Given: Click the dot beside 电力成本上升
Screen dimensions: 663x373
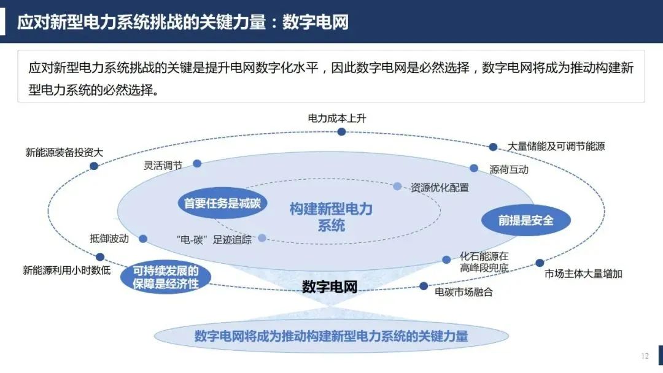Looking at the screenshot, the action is (x=341, y=132).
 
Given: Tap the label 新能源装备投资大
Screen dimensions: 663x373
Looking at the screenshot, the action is (x=64, y=152).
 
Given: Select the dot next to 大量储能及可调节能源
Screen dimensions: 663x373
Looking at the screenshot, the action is (x=493, y=147).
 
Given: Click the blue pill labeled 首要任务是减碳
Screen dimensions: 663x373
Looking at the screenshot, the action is (x=222, y=203).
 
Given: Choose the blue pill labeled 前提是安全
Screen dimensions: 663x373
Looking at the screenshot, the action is (x=526, y=220).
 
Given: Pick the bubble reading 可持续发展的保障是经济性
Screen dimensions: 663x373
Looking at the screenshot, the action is (x=166, y=277).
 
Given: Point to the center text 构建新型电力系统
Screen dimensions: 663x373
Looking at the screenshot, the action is (x=331, y=217).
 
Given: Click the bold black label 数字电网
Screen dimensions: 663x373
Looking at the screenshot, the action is (x=330, y=287).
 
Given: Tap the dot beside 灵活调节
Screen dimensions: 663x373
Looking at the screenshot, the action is (x=197, y=163).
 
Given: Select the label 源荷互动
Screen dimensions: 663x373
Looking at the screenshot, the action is (x=509, y=169).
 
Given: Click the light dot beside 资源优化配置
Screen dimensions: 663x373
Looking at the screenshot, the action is (x=397, y=186).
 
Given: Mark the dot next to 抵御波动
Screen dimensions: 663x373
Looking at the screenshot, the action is (x=143, y=239).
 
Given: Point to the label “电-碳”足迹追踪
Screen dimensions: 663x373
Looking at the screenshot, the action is (x=214, y=240).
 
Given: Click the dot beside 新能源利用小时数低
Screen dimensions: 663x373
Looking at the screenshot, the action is (x=100, y=257).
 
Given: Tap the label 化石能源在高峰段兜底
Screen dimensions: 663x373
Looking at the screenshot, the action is (x=484, y=262).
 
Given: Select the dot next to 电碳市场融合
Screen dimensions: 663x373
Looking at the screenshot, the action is (x=424, y=286).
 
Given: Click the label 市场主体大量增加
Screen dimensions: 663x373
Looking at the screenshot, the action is (x=583, y=274).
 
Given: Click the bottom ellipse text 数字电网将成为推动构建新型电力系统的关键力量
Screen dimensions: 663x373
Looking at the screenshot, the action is (x=331, y=336).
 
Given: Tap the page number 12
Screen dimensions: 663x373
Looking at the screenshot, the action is (x=645, y=356).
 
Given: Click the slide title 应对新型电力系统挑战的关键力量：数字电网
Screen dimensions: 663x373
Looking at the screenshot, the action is (x=183, y=22).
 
